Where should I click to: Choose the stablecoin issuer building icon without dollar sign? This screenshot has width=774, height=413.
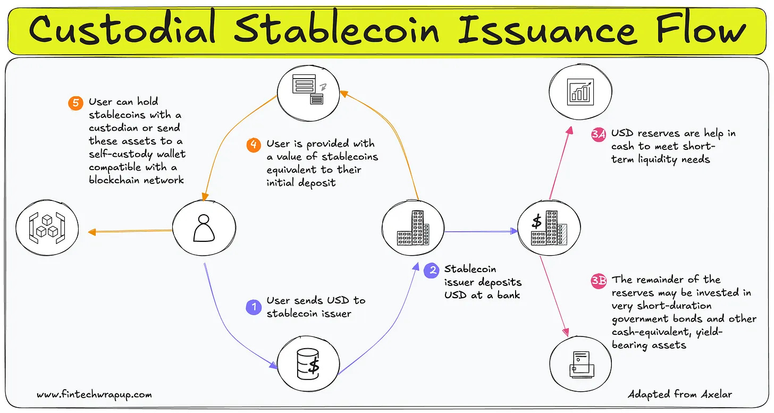click(413, 229)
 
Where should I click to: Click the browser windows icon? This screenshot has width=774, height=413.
click(307, 90)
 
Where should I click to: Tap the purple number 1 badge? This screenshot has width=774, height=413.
click(254, 307)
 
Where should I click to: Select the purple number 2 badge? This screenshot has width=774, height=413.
click(432, 272)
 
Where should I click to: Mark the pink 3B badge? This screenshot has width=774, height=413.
click(599, 280)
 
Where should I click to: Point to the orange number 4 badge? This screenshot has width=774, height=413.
click(254, 145)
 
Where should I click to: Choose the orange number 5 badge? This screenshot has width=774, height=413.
click(76, 102)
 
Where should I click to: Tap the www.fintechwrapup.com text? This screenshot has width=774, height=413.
click(94, 395)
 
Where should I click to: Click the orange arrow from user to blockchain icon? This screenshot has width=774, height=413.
click(130, 231)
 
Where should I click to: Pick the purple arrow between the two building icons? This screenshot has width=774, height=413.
click(481, 231)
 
